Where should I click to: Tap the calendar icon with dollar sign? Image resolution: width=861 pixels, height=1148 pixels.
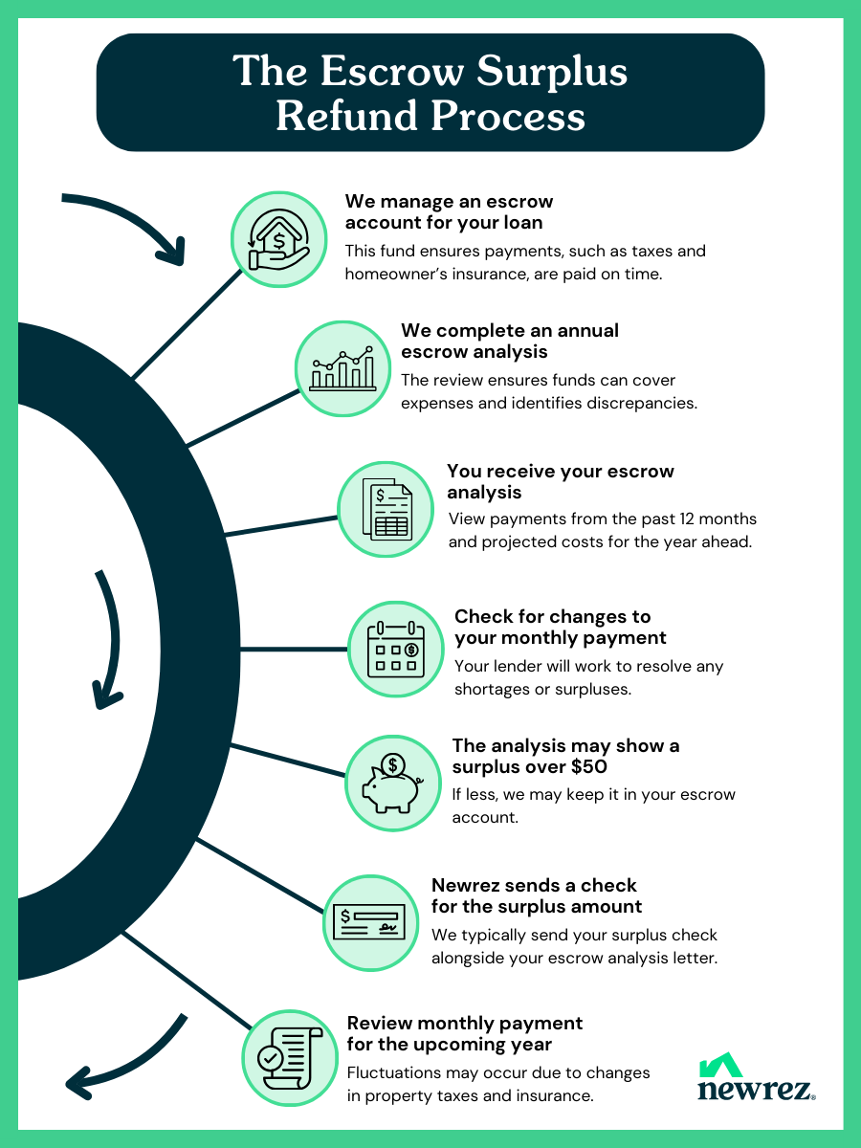[396, 649]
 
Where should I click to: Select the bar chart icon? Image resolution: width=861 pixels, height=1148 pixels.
[342, 368]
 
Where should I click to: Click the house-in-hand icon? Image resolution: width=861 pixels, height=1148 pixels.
[278, 239]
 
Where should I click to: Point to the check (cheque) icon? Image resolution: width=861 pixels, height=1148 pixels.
[369, 922]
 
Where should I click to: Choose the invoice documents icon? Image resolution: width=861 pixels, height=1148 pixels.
[387, 509]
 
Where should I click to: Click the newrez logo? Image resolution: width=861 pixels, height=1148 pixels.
[757, 1077]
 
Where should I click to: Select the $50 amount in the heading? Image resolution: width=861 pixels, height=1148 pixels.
[588, 766]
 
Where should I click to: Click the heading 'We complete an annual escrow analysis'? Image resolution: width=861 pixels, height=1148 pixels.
[510, 341]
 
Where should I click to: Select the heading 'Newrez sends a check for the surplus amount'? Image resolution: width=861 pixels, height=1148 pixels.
[537, 895]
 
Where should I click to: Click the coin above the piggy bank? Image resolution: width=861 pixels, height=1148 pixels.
[392, 765]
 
